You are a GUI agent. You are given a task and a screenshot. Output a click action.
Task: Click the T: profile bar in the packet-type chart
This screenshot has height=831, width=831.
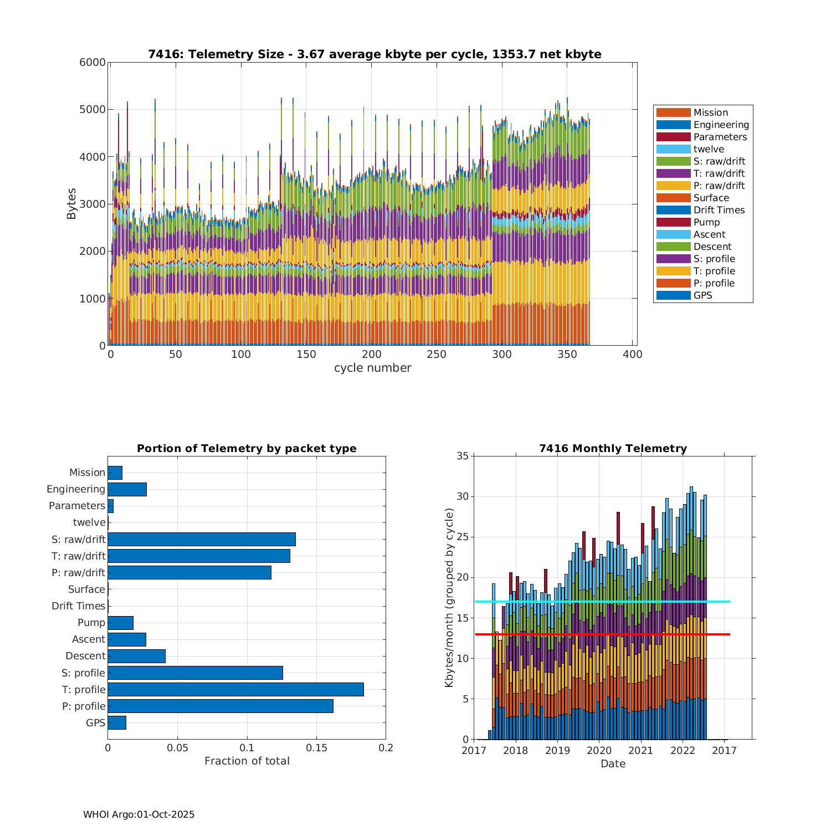point(235,689)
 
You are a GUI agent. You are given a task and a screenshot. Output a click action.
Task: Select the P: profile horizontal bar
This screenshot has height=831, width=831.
point(220,706)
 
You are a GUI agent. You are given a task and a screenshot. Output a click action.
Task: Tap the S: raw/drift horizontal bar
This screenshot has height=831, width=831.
point(202,539)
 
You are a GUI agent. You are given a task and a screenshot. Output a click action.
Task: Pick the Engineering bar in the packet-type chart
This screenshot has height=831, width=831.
point(127,489)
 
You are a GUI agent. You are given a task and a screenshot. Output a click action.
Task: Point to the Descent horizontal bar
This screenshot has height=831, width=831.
point(136,656)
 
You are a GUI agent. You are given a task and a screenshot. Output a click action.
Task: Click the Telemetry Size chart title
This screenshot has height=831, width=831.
point(375,54)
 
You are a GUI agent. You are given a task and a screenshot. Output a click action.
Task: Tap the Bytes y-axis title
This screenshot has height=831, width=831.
point(71,204)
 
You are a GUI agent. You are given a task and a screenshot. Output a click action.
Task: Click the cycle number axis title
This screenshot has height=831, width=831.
point(372,368)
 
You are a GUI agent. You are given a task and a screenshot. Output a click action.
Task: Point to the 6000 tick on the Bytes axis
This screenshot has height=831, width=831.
point(93,63)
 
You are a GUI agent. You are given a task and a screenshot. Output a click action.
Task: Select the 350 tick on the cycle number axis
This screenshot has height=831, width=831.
point(567,355)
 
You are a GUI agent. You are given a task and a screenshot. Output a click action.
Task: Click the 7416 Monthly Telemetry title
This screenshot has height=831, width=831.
point(613,448)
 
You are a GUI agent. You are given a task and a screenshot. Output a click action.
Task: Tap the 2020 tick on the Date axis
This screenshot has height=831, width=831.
point(599,750)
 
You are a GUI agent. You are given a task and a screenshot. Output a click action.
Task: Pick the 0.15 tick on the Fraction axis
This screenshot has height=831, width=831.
point(316,748)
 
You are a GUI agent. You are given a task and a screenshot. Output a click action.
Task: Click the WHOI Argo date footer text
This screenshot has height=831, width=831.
point(138,814)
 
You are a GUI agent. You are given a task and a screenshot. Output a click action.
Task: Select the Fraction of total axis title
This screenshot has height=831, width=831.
point(247,761)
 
